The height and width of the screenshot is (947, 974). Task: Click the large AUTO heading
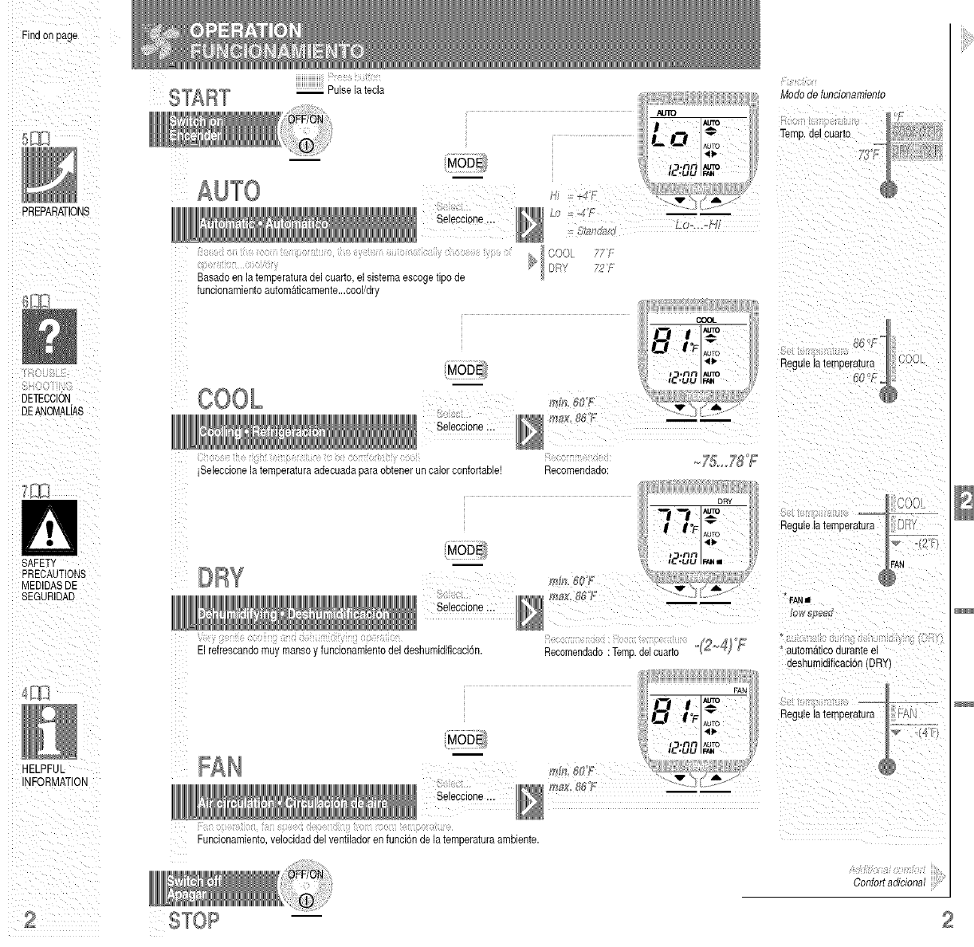point(229,191)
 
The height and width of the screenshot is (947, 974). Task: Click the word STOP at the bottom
point(194,921)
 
